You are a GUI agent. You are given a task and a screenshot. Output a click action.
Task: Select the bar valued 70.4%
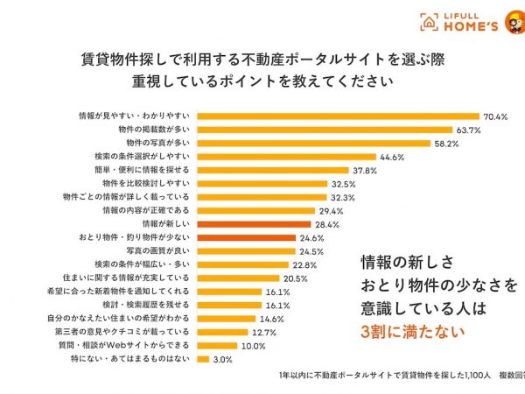click(x=338, y=116)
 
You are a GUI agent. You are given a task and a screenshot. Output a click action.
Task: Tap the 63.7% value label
click(x=468, y=130)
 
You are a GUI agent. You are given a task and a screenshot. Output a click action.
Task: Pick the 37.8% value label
click(x=364, y=171)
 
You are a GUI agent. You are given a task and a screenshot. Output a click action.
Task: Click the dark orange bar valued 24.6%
click(x=246, y=237)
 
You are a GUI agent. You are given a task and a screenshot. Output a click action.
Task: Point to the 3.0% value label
click(x=223, y=359)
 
